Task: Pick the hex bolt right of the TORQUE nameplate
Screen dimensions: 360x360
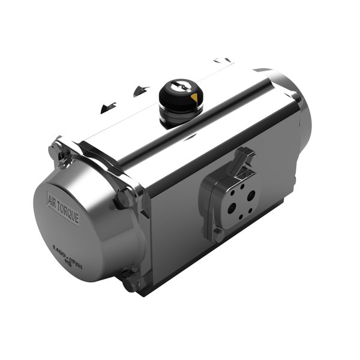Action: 124,198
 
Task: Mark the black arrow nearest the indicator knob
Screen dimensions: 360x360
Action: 141,91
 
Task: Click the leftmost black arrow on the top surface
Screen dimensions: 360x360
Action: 109,107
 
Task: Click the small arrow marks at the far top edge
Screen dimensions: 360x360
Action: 222,60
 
